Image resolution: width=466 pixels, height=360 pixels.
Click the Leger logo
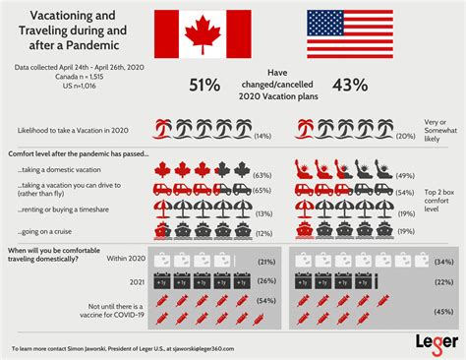pos(432,340)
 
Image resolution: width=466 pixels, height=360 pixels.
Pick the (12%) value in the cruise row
pos(262,232)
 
